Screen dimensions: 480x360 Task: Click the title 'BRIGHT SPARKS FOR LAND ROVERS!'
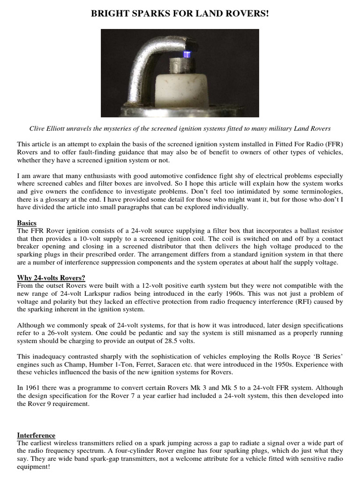180,15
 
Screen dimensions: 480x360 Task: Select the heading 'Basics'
27,223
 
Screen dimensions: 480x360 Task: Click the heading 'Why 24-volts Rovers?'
51,277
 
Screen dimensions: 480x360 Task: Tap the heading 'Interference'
36,435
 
